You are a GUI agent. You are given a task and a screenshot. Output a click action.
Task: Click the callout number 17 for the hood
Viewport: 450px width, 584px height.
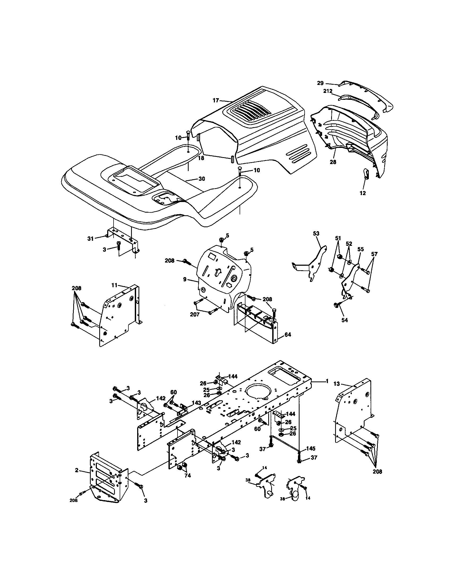pyautogui.click(x=216, y=101)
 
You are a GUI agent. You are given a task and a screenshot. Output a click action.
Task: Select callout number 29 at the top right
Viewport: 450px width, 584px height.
pyautogui.click(x=320, y=83)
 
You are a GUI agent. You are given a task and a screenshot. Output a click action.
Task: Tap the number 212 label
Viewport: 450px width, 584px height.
pyautogui.click(x=328, y=91)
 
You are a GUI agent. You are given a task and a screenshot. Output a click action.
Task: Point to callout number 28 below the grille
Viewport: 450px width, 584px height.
pyautogui.click(x=333, y=162)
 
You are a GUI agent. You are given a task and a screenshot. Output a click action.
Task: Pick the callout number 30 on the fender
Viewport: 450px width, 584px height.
pyautogui.click(x=202, y=179)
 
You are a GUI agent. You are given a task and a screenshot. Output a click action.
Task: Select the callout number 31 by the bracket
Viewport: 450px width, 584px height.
pyautogui.click(x=90, y=239)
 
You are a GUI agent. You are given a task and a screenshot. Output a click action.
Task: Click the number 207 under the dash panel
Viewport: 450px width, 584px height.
pyautogui.click(x=194, y=315)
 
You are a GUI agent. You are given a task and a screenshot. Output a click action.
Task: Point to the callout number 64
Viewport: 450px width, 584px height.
pyautogui.click(x=288, y=335)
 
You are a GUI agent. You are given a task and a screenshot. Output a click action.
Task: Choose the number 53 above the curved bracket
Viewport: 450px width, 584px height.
pyautogui.click(x=316, y=234)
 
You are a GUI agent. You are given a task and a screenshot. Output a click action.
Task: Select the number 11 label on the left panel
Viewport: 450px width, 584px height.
pyautogui.click(x=114, y=285)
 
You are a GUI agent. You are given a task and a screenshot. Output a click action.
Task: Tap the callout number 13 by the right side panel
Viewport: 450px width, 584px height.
pyautogui.click(x=336, y=384)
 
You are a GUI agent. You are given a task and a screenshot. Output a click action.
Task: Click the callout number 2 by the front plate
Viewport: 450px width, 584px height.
pyautogui.click(x=77, y=470)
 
